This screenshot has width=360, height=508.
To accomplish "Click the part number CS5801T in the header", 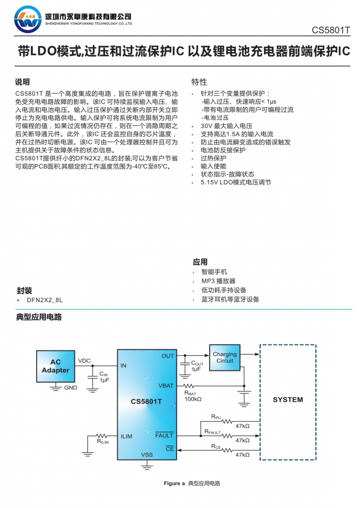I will tap(331, 30).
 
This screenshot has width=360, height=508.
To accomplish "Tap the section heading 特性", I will tap(199, 82).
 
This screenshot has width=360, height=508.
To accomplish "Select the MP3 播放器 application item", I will tap(218, 281).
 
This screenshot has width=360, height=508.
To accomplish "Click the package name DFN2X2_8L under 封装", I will tap(44, 300).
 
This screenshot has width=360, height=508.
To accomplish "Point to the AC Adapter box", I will tap(56, 367).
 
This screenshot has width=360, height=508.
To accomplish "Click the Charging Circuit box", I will tap(224, 358).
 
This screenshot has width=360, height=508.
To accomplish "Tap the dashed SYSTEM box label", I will tap(288, 399).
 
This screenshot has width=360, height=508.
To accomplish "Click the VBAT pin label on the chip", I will tap(166, 385).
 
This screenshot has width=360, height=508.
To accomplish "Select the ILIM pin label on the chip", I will tap(126, 437).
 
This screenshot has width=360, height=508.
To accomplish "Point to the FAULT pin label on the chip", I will tap(164, 436).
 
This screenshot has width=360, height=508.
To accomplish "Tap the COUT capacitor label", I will tap(197, 363).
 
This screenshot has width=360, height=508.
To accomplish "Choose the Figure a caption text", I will tap(192, 483).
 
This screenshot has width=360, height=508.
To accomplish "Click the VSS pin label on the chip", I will tap(147, 454).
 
